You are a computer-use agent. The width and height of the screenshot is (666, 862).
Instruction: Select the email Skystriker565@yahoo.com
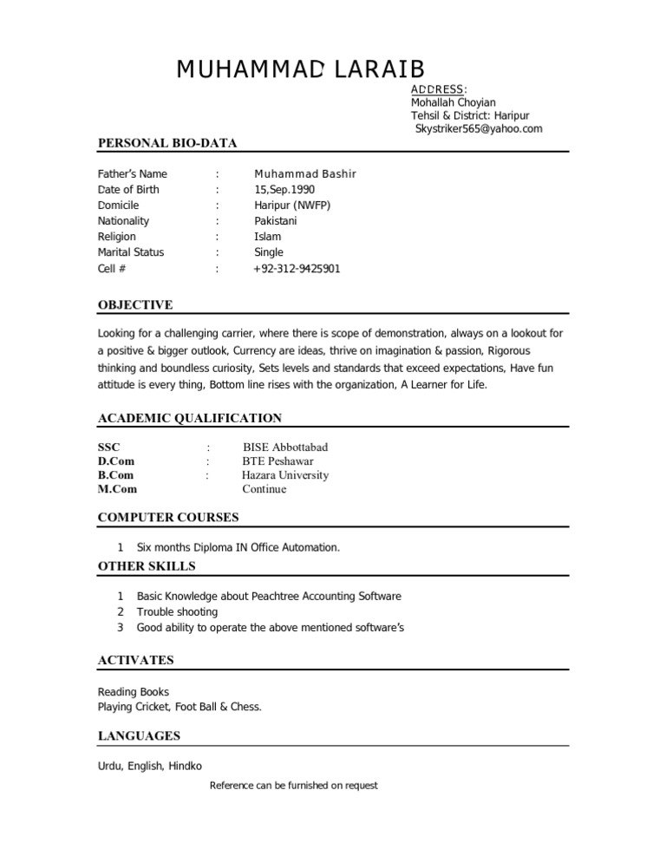pos(479,129)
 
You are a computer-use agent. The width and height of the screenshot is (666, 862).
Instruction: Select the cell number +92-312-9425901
pos(297,269)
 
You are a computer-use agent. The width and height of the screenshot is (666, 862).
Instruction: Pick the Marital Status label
pos(131,252)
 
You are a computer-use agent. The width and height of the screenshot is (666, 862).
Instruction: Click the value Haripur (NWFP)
pos(292,206)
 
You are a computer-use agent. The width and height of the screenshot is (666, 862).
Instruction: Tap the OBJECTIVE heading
pos(135,304)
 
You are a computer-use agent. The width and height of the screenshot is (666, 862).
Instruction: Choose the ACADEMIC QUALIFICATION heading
pos(190,418)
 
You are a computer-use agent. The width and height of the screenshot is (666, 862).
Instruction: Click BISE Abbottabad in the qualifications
pos(285,447)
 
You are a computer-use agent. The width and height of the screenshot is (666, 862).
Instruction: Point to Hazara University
pos(285,474)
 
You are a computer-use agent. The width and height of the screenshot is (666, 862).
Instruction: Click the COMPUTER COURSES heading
pos(168,518)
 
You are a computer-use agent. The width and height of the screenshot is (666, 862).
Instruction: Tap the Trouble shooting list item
pos(178,611)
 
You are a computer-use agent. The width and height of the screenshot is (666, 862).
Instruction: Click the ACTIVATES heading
pos(136,660)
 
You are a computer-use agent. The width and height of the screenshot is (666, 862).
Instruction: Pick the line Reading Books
pos(134,692)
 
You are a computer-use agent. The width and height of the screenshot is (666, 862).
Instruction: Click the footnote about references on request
pos(294,786)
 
